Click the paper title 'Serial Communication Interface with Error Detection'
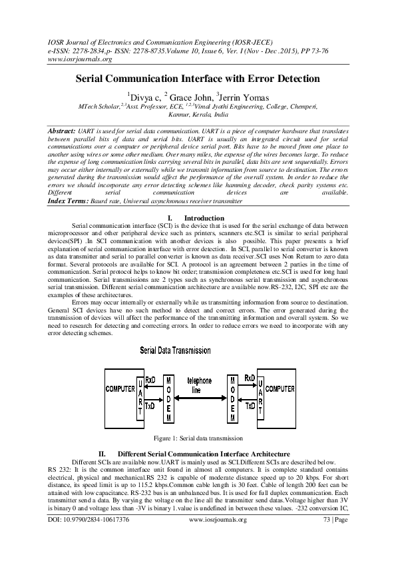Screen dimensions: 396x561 [197, 79]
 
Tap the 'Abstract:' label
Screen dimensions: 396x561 [61, 131]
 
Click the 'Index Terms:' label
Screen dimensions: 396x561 [69, 201]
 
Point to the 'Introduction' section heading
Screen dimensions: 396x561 [204, 219]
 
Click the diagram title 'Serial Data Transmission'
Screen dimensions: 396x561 [175, 350]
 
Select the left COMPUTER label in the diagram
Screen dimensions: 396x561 [120, 389]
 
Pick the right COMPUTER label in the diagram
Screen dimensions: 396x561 [280, 389]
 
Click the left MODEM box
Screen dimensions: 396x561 [168, 399]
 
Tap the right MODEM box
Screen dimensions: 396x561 [233, 399]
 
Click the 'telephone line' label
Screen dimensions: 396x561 [200, 385]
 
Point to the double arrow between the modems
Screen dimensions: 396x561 [201, 398]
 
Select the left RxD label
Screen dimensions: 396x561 [150, 380]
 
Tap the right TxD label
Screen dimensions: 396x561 [250, 406]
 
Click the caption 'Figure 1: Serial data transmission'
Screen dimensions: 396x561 [198, 438]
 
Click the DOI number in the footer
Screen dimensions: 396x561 [89, 520]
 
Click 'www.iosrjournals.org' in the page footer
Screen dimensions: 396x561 [218, 520]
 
